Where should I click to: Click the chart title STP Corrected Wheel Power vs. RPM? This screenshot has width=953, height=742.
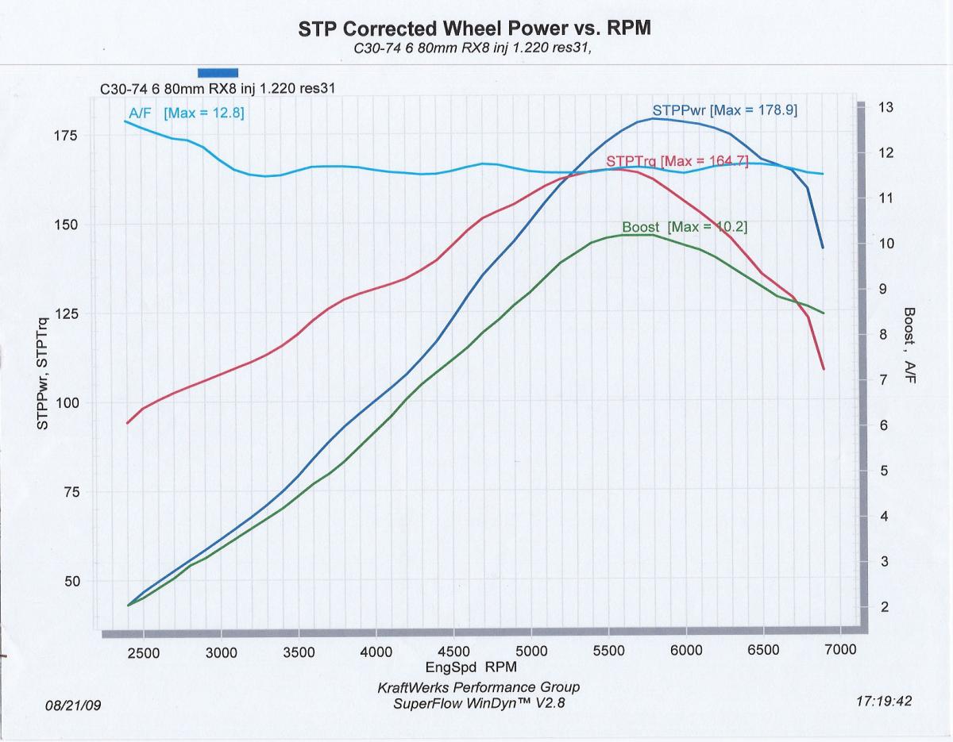(x=474, y=29)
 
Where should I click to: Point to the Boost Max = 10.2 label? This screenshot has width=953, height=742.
(x=685, y=227)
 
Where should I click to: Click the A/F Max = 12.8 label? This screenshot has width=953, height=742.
(x=186, y=113)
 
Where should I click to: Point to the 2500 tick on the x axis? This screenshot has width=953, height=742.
(x=144, y=652)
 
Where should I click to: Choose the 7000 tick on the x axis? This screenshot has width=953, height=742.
(x=840, y=650)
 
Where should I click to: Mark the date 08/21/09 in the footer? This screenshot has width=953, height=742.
(x=74, y=704)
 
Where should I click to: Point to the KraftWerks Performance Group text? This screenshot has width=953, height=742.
(x=479, y=686)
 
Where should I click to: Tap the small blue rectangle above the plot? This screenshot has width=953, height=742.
(x=218, y=72)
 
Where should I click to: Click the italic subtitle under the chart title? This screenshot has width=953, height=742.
(x=473, y=48)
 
